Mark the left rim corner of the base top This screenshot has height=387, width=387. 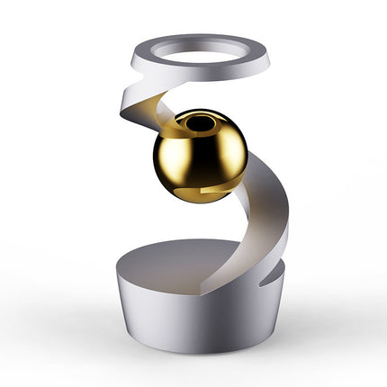pyautogui.click(x=116, y=265)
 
